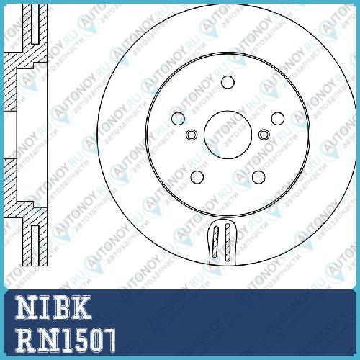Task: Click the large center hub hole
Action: (228, 135)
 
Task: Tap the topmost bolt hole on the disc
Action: (228, 82)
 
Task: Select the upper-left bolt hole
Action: (178, 118)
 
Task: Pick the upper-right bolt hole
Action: (278, 118)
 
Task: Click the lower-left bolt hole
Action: (197, 177)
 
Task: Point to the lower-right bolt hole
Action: (258, 177)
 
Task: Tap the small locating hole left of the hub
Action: (192, 135)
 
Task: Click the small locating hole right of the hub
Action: (264, 135)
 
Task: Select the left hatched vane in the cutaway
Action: (216, 242)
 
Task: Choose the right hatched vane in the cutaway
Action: (228, 242)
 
